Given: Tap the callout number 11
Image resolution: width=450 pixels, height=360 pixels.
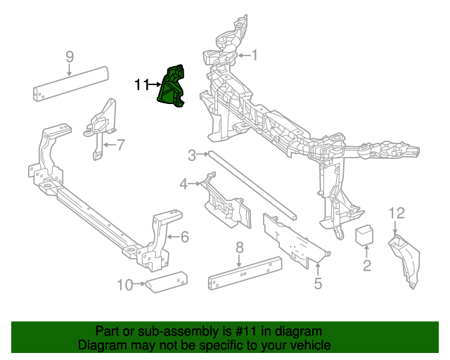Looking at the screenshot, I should click(141, 85).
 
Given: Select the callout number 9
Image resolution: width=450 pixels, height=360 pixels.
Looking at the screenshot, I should click(70, 56).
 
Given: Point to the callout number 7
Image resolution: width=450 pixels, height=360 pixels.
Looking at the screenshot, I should click(120, 146).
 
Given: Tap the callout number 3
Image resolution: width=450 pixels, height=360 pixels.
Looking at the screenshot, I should click(191, 155).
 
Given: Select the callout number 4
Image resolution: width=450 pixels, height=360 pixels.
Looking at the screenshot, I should click(184, 184).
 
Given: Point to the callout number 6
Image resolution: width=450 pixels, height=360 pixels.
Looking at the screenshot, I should click(184, 237).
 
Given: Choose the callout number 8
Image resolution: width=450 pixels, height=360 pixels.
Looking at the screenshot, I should click(239, 247).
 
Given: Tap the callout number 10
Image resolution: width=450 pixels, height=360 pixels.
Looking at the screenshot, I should click(124, 285).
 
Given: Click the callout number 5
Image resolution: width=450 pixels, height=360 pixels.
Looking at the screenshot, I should click(318, 283).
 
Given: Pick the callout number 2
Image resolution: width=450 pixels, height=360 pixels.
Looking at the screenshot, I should click(366, 265).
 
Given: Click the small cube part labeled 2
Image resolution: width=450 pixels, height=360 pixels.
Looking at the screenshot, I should click(365, 235).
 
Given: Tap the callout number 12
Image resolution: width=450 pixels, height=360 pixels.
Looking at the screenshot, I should click(397, 212).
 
